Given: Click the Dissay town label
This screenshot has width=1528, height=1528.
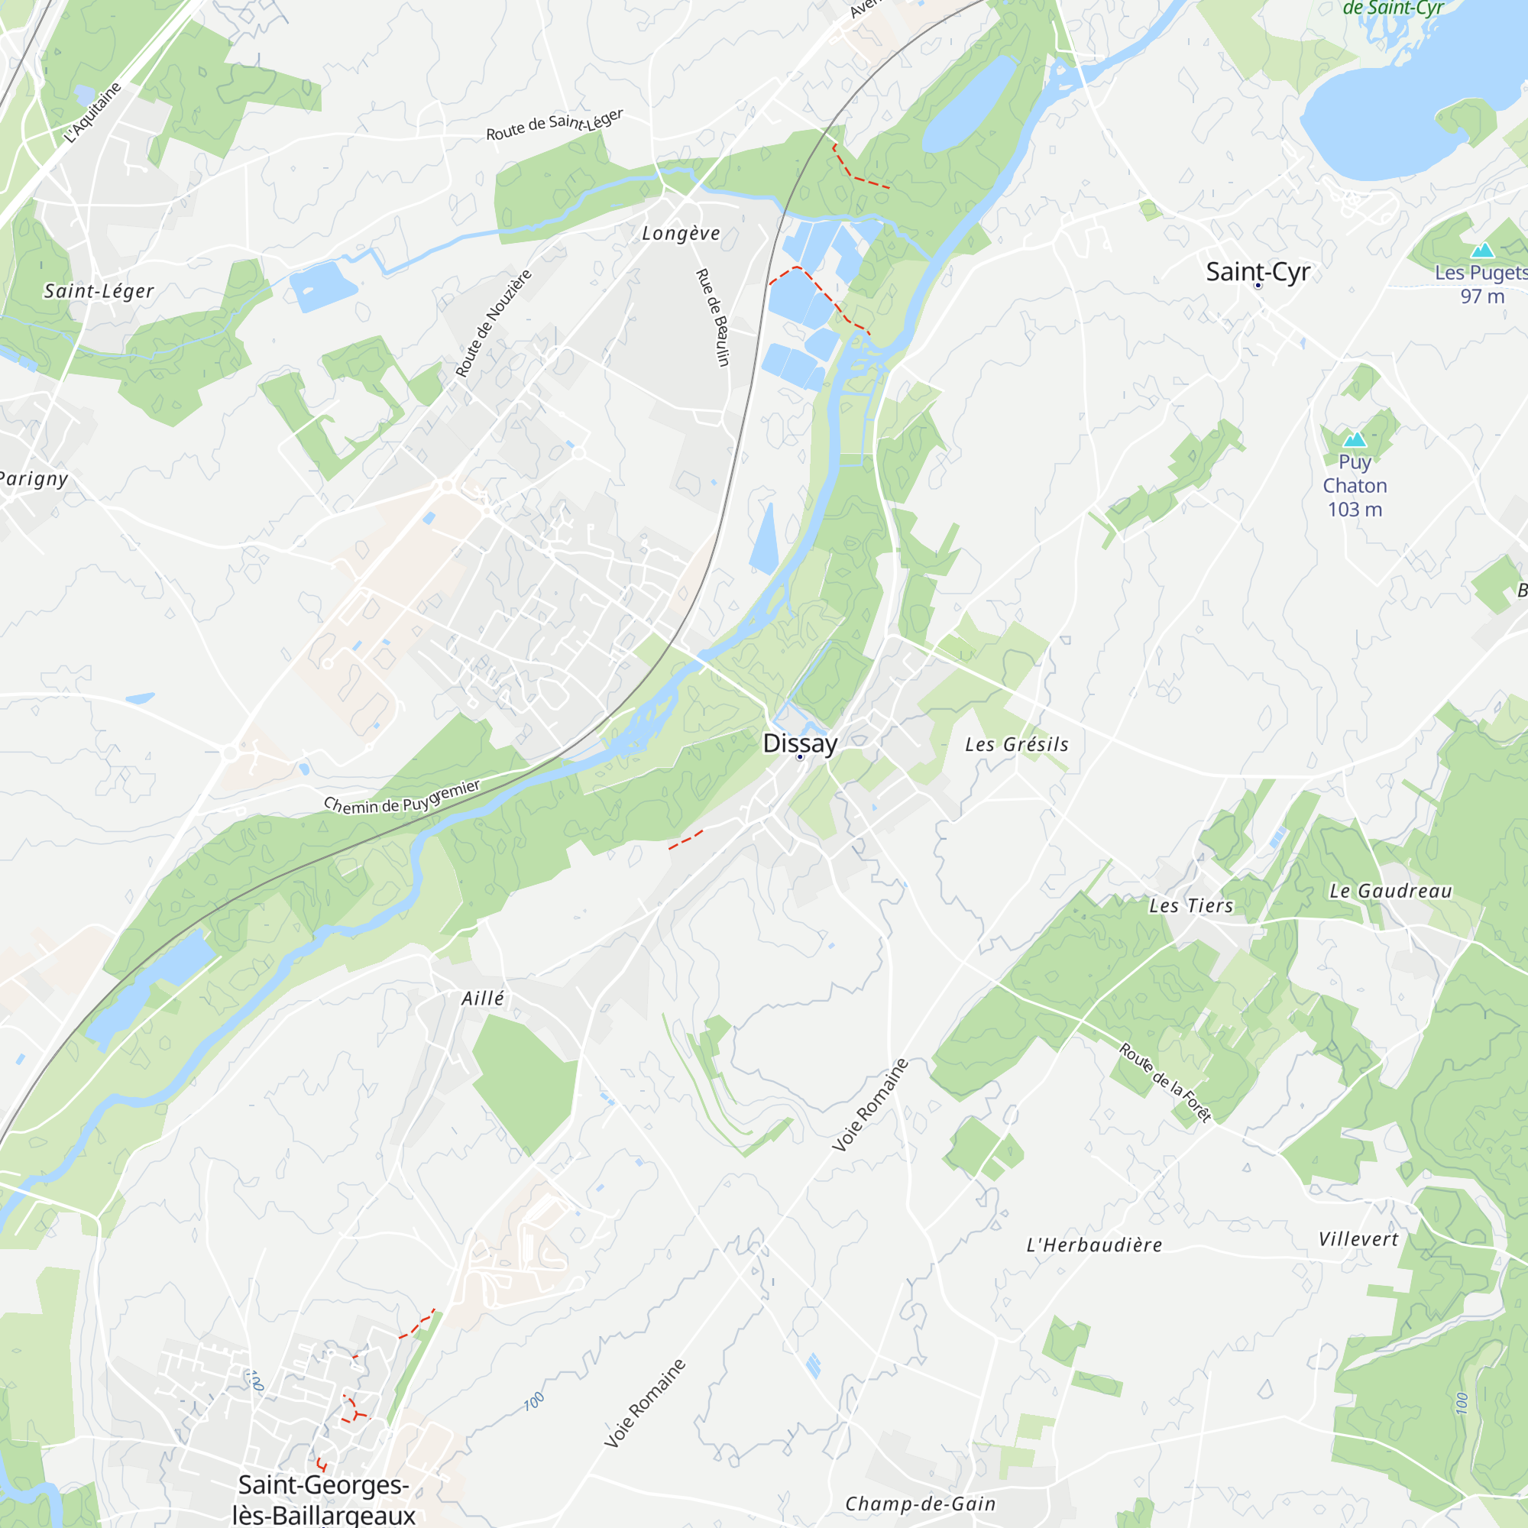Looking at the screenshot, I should tap(800, 743).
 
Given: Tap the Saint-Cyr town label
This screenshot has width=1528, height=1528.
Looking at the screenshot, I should tap(1258, 271).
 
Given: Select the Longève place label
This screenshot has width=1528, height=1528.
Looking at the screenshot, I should tap(681, 233).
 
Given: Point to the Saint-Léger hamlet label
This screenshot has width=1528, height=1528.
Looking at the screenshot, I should tap(99, 291).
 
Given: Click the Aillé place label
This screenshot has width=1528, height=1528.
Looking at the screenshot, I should tap(482, 999).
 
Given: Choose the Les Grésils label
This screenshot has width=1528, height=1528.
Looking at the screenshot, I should tap(1016, 744).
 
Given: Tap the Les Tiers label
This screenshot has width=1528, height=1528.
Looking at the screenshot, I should tap(1190, 906).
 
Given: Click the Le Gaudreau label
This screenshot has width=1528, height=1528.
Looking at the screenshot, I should tap(1390, 892).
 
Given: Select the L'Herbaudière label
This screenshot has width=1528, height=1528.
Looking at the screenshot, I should tap(1094, 1245).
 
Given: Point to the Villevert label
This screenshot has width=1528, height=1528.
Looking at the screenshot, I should tap(1358, 1240).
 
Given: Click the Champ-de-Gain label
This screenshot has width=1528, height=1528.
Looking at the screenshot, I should tap(920, 1504).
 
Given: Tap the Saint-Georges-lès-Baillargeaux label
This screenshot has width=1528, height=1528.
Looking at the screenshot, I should tap(323, 1500).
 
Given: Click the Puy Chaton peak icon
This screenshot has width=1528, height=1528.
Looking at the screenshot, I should tap(1355, 439).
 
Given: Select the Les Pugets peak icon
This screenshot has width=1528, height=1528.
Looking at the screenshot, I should tap(1481, 251).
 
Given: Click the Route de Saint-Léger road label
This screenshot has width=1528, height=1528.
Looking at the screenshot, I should tap(555, 125).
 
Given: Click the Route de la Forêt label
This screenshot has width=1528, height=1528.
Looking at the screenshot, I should tap(1165, 1081).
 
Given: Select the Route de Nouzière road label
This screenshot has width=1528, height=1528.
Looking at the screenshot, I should tap(494, 323).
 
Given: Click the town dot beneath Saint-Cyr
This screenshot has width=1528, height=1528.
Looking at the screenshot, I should tap(1258, 286).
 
